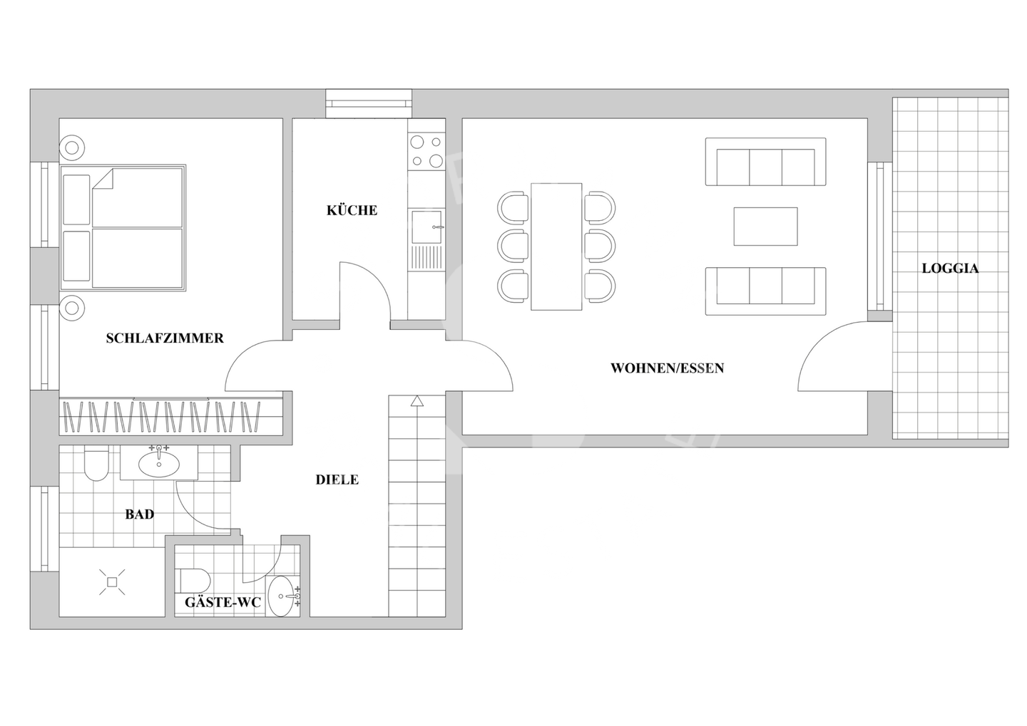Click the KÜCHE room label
pos(352,210)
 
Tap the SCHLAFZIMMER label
pos(165,338)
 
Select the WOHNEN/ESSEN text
pos(667,368)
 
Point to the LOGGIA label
pos(950,269)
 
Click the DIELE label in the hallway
pos(337,480)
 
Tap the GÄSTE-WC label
pos(223,603)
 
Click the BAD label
pos(139,514)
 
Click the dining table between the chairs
pos(556,247)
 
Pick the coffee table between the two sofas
pos(765,227)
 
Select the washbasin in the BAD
pos(158,464)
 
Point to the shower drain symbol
pos(112,582)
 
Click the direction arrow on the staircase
pos(417,402)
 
